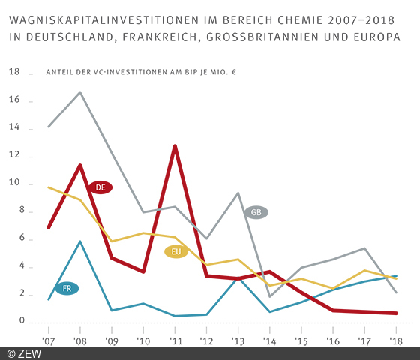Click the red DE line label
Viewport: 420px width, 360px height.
click(x=100, y=187)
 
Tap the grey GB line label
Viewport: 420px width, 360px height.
click(x=256, y=212)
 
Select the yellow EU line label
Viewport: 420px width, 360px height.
click(x=175, y=251)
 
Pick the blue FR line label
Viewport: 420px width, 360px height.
click(x=67, y=288)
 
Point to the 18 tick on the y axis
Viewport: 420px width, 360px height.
click(x=13, y=73)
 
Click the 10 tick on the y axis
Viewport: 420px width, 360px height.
click(x=13, y=184)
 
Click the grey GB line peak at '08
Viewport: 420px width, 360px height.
click(x=80, y=92)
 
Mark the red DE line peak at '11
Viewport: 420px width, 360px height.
click(x=175, y=145)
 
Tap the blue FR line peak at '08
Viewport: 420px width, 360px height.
click(x=80, y=241)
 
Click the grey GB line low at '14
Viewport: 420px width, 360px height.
click(x=269, y=296)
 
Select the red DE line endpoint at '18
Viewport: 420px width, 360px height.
click(x=395, y=313)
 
